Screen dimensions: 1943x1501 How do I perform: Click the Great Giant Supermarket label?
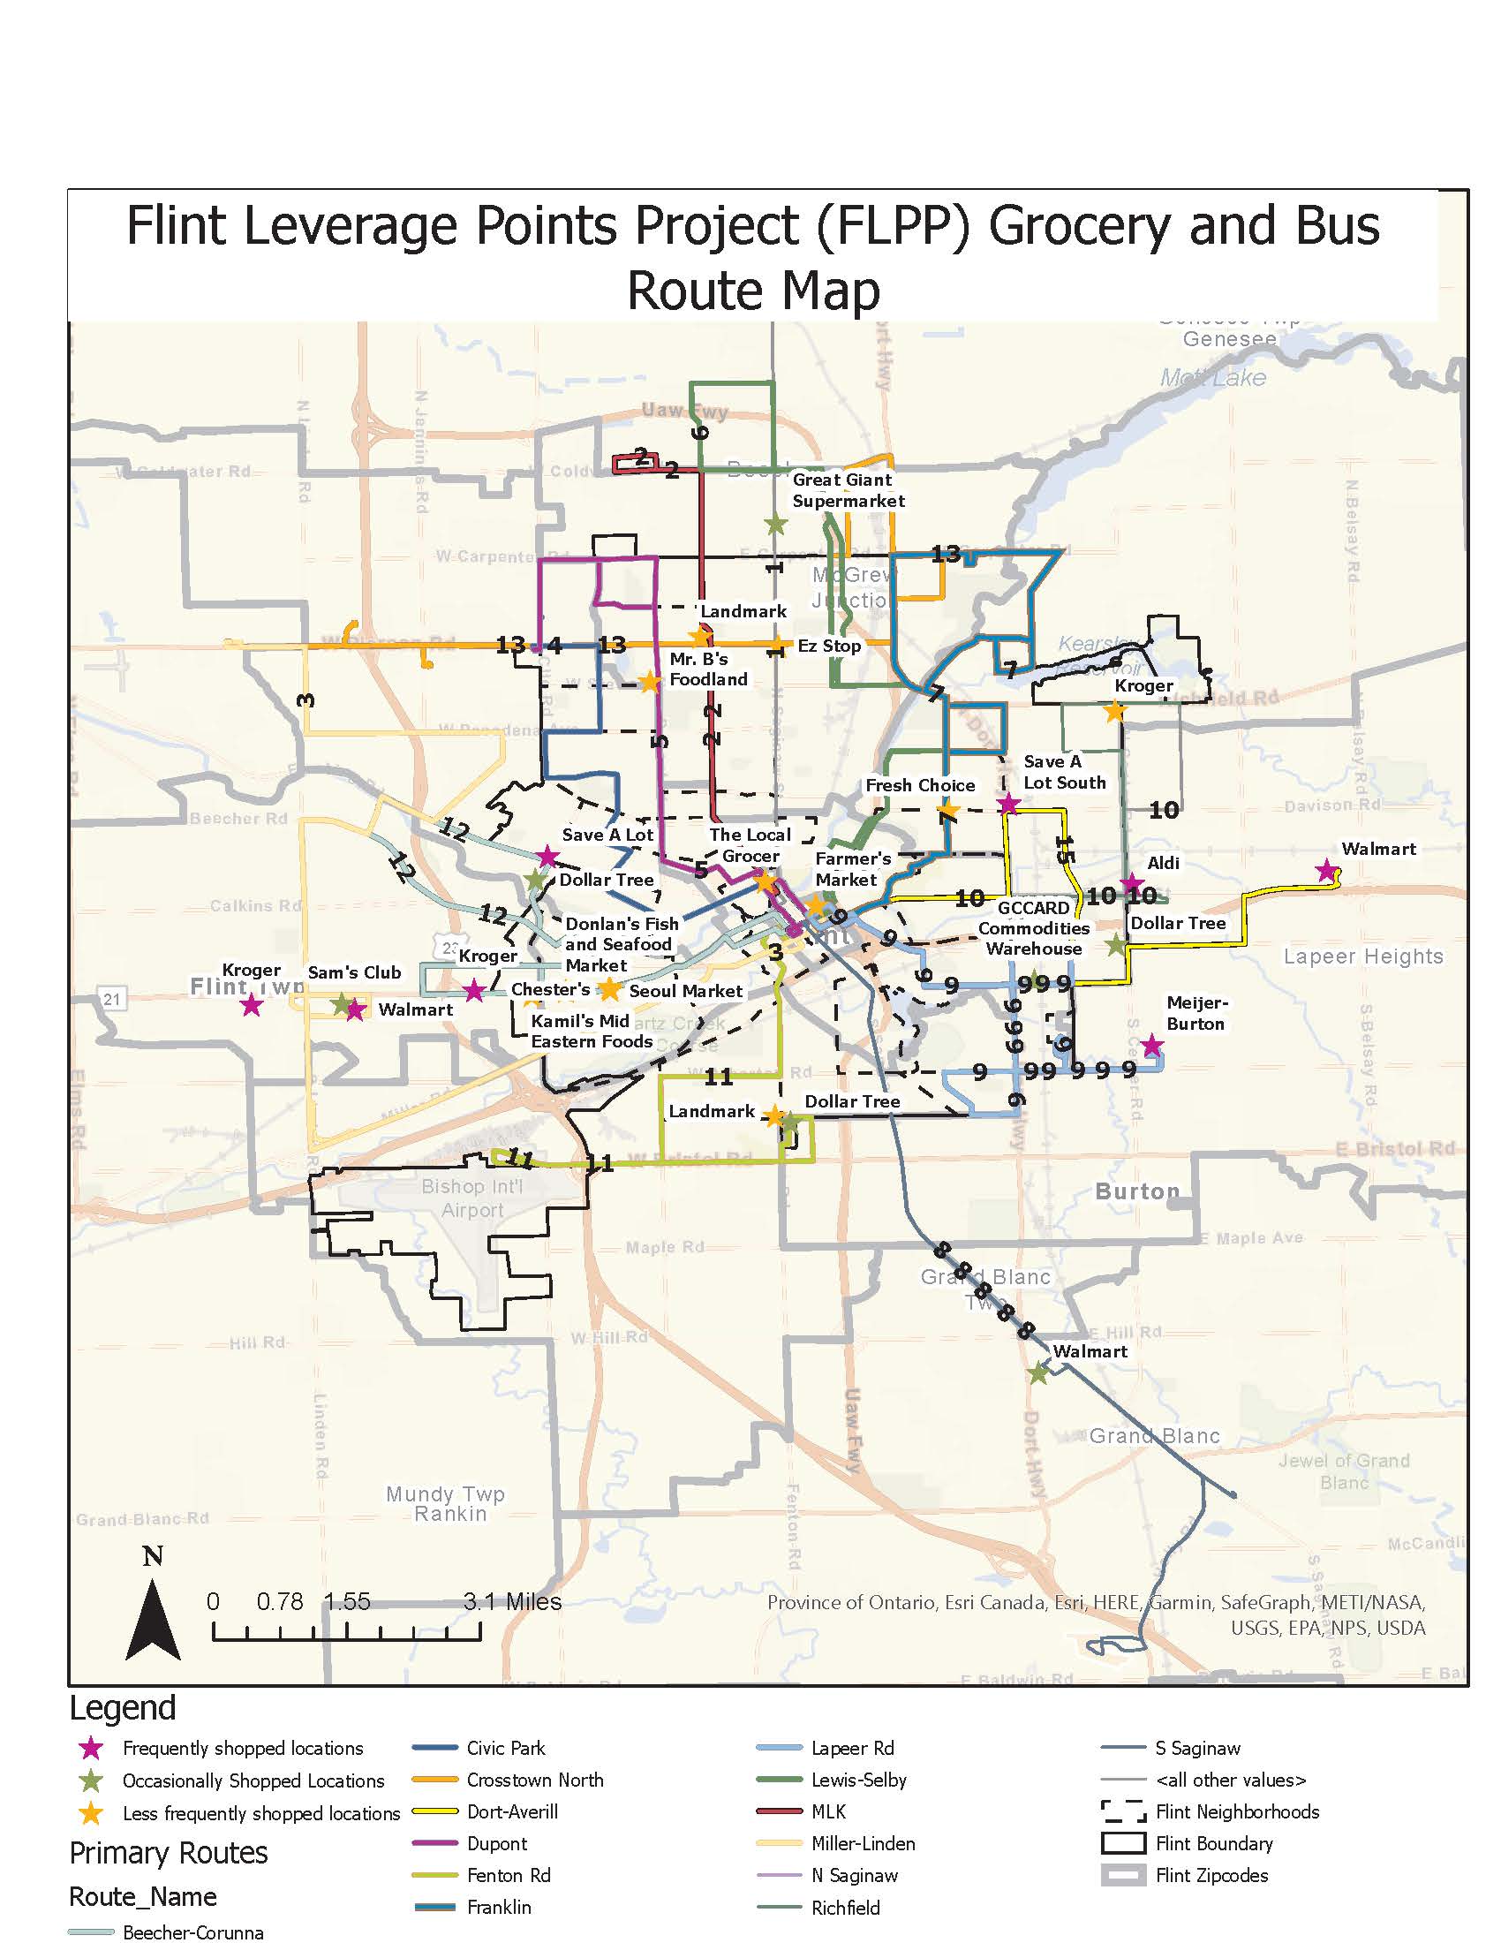pyautogui.click(x=848, y=490)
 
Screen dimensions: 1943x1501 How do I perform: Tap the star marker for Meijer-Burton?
pyautogui.click(x=1151, y=1046)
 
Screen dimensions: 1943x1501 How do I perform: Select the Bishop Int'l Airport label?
pyautogui.click(x=472, y=1198)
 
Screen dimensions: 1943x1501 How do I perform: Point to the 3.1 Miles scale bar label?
pyautogui.click(x=512, y=1601)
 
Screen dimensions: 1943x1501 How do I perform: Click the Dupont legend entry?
pyautogui.click(x=496, y=1843)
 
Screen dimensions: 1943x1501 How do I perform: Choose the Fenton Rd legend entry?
pyautogui.click(x=508, y=1875)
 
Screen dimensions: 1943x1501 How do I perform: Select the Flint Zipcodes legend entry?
pyautogui.click(x=1211, y=1875)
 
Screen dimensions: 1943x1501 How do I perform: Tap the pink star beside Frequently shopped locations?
pyautogui.click(x=91, y=1748)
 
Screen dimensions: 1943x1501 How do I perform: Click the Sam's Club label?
pyautogui.click(x=354, y=972)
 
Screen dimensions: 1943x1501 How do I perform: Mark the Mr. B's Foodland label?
pyautogui.click(x=708, y=669)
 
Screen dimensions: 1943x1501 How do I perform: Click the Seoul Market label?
pyautogui.click(x=684, y=991)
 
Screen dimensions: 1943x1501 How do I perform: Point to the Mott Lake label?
pyautogui.click(x=1212, y=377)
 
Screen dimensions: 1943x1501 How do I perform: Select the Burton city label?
pyautogui.click(x=1136, y=1191)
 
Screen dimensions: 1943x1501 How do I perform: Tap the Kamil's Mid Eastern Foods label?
pyautogui.click(x=592, y=1031)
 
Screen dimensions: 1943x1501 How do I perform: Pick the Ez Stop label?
pyautogui.click(x=829, y=646)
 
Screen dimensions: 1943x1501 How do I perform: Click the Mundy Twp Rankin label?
pyautogui.click(x=445, y=1503)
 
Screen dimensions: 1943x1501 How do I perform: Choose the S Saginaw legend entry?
pyautogui.click(x=1197, y=1748)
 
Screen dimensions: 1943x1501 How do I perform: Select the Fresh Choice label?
pyautogui.click(x=919, y=785)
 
